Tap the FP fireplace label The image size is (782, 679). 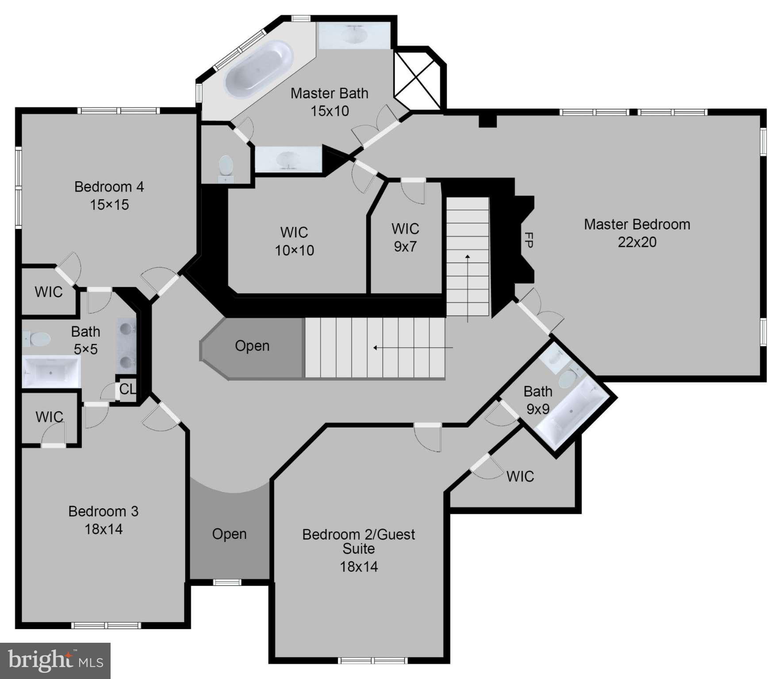pyautogui.click(x=528, y=240)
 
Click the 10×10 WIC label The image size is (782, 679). pyautogui.click(x=294, y=241)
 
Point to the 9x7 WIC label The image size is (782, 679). pyautogui.click(x=405, y=238)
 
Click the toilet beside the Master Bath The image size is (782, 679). pyautogui.click(x=226, y=165)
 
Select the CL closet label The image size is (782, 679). pyautogui.click(x=127, y=389)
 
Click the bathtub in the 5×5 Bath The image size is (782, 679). pyautogui.click(x=51, y=371)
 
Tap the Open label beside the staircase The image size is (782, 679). pyautogui.click(x=252, y=346)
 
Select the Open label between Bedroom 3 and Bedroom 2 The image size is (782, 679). pyautogui.click(x=229, y=534)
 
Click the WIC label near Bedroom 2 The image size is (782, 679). pyautogui.click(x=520, y=477)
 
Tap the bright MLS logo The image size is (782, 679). pyautogui.click(x=55, y=660)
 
